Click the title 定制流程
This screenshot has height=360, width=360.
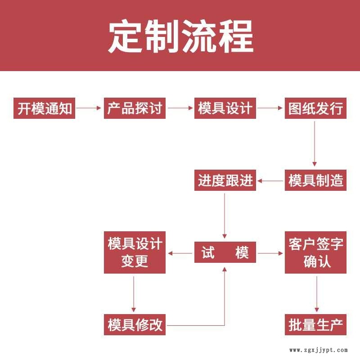(x=180, y=36)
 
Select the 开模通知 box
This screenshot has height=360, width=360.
(x=44, y=108)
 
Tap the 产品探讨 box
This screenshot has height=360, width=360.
(x=135, y=108)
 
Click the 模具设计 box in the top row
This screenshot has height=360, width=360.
(x=225, y=108)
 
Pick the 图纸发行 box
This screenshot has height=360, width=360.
(x=315, y=108)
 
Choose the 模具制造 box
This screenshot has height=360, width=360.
(x=315, y=180)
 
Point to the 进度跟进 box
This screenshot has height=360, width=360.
(x=225, y=180)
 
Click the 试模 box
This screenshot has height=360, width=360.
(x=225, y=252)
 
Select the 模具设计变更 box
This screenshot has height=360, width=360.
(x=135, y=252)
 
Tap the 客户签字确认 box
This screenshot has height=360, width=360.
(x=315, y=252)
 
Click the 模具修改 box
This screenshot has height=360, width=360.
(x=135, y=324)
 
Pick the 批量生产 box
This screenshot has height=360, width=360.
(x=315, y=324)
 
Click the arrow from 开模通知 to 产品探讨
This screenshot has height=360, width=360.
(x=89, y=108)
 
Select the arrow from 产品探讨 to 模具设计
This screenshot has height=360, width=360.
(x=180, y=108)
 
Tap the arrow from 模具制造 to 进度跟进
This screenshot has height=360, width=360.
(x=270, y=181)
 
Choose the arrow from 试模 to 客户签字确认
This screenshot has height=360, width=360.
(x=270, y=253)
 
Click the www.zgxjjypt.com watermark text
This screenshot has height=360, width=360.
(x=318, y=350)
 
